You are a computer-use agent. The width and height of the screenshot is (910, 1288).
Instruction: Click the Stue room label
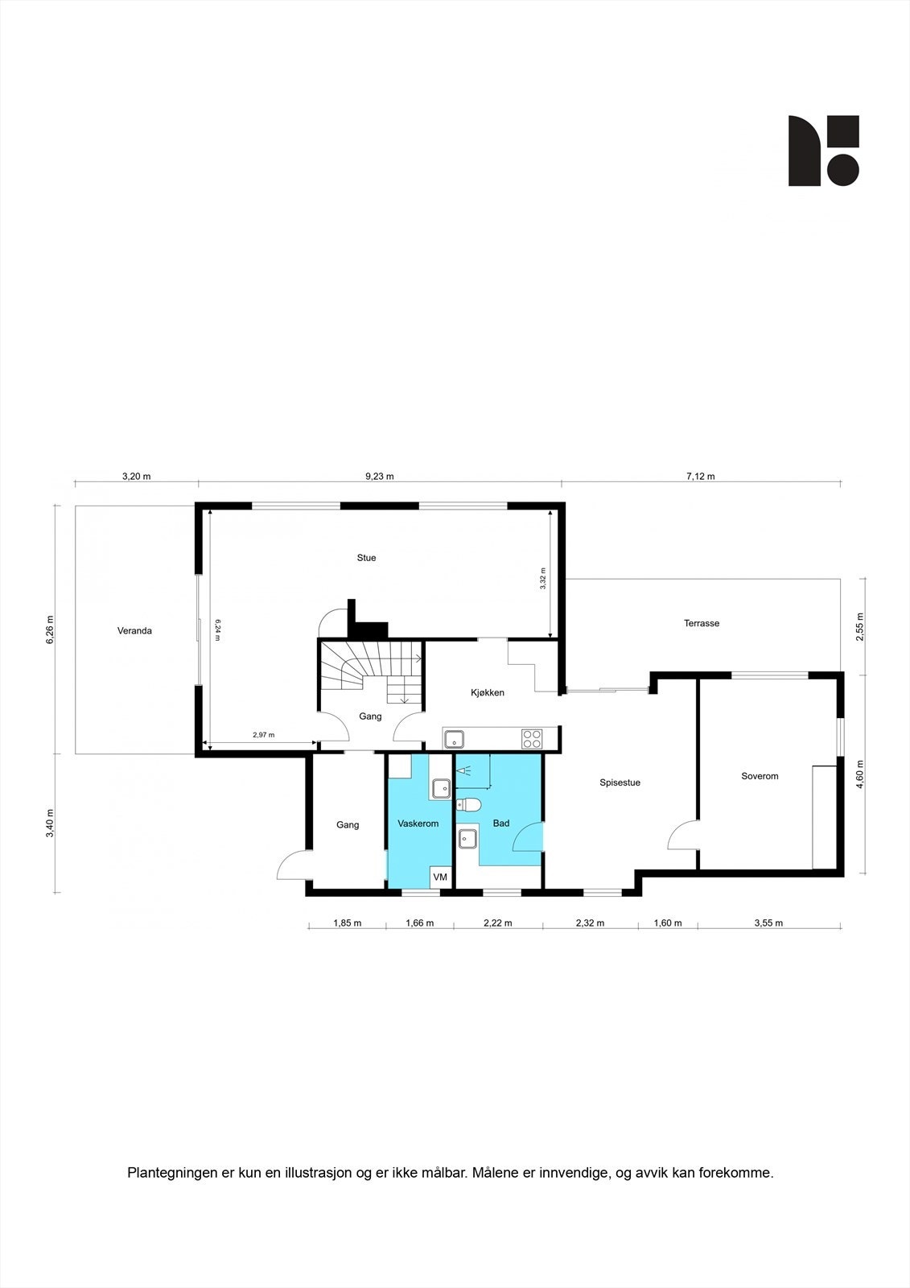click(x=366, y=558)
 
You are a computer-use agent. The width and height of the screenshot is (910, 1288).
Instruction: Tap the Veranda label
click(x=134, y=631)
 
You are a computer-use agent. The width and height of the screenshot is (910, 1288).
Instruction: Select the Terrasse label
click(x=702, y=623)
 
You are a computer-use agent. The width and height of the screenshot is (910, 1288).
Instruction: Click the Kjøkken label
click(x=488, y=692)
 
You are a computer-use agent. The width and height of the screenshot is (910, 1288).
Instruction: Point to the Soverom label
click(x=760, y=776)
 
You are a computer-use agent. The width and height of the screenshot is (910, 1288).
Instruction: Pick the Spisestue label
click(x=620, y=782)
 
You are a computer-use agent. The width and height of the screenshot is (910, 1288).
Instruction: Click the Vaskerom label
click(x=418, y=824)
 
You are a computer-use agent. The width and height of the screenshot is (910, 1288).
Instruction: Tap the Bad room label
click(x=501, y=824)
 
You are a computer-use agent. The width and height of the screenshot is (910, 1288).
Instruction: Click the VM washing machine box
click(x=440, y=877)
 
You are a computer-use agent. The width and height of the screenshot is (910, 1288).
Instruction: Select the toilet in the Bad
click(x=469, y=803)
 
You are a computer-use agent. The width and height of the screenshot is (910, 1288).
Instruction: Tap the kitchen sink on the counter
click(x=455, y=737)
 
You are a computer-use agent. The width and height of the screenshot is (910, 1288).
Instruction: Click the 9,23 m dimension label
click(x=379, y=476)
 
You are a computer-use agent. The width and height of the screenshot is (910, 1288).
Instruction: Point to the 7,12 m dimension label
click(x=700, y=476)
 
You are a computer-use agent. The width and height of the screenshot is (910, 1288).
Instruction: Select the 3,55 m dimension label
click(x=768, y=923)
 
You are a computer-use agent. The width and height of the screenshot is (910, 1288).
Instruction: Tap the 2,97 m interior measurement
click(x=263, y=735)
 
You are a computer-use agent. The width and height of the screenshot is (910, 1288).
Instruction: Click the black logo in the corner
click(x=823, y=151)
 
